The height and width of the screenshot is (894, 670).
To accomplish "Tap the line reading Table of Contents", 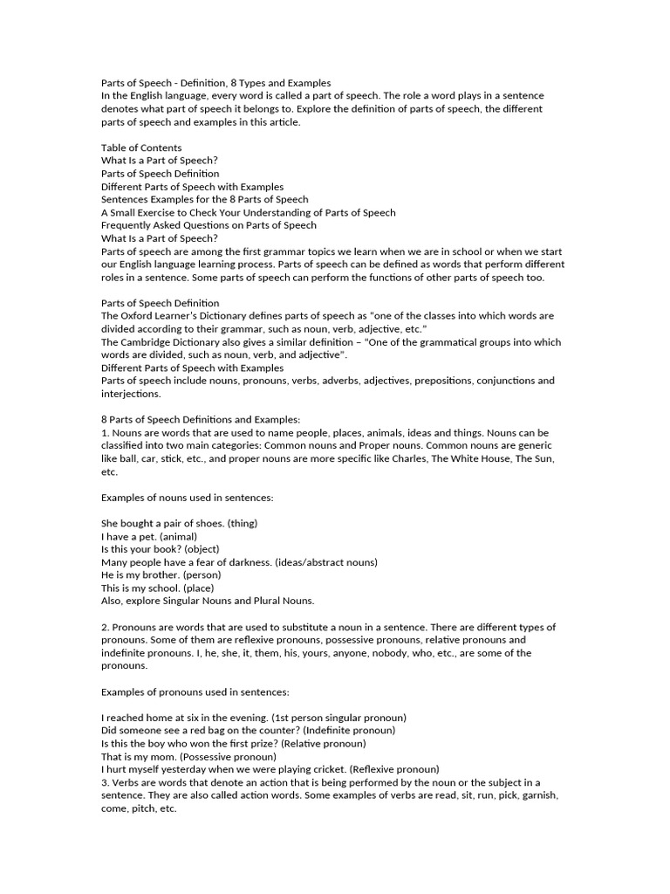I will [x=141, y=148].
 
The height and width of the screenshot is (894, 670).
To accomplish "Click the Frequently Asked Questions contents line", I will [x=209, y=225].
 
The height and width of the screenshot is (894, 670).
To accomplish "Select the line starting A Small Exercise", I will [x=248, y=212].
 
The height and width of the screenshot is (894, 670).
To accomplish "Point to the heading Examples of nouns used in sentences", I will [x=188, y=497].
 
